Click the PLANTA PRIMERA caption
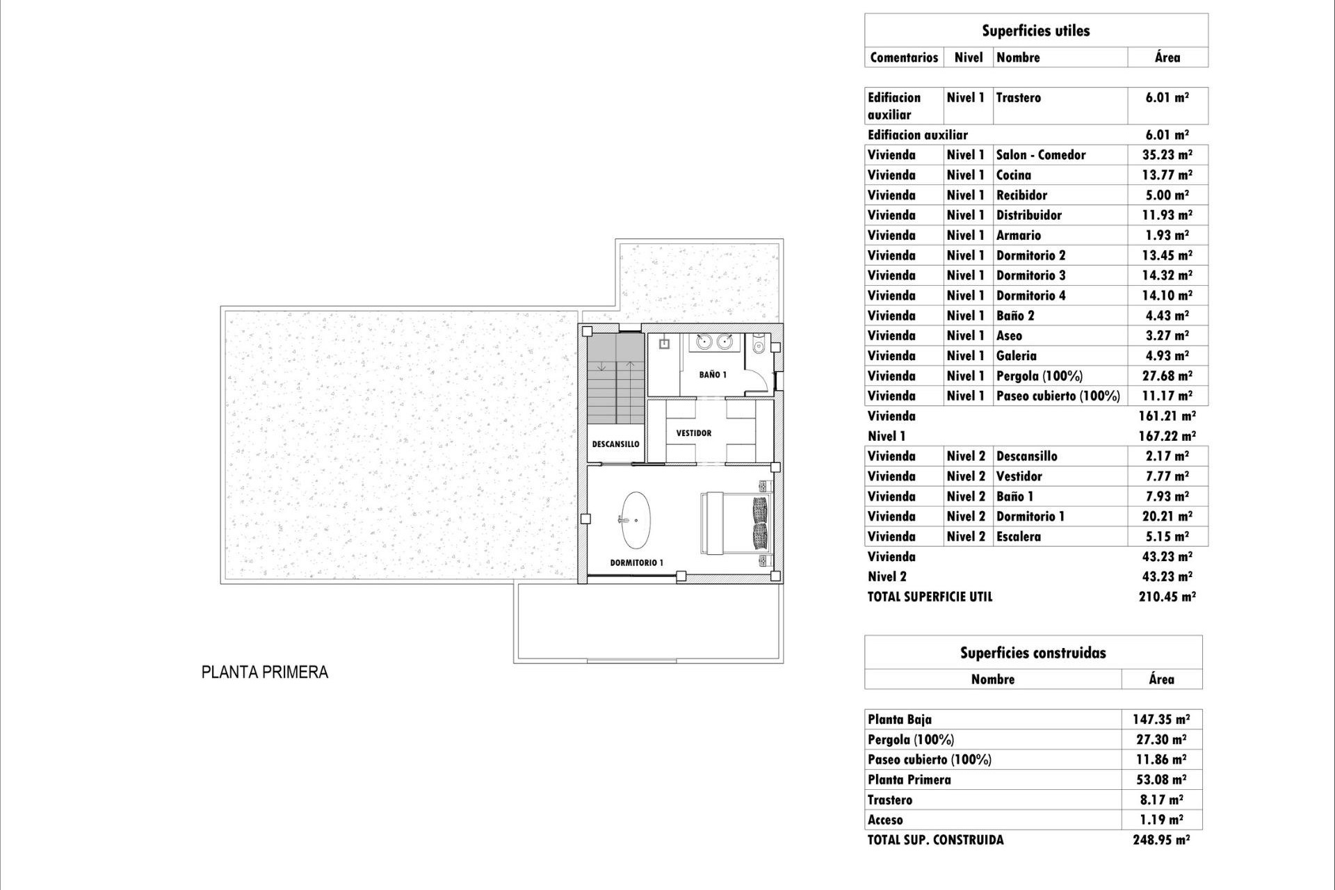(264, 672)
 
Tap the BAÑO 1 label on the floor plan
(713, 375)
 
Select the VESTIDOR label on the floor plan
(694, 433)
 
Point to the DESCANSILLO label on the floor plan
(615, 444)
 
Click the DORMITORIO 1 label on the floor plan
(636, 563)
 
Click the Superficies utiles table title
(1035, 31)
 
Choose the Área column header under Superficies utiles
(1167, 58)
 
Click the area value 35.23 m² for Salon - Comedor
(1167, 155)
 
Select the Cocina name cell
(1014, 175)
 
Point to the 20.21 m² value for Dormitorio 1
(1167, 517)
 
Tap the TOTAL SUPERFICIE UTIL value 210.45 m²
(1167, 597)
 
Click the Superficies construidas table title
(1033, 653)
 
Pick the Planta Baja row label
(899, 720)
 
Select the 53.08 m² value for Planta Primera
(1160, 780)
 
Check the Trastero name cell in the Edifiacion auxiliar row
(1018, 98)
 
